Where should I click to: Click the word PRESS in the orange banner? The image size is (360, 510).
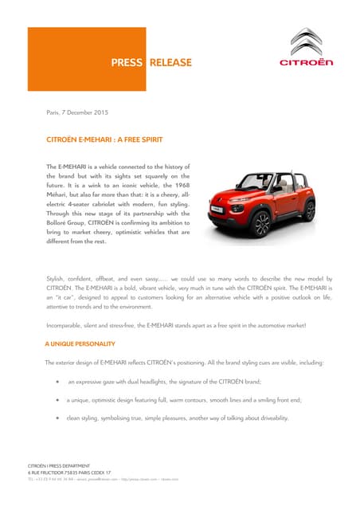127,63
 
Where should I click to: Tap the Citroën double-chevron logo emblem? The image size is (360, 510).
305,42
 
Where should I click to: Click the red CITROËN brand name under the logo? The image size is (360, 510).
305,62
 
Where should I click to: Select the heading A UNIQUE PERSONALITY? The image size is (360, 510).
80,343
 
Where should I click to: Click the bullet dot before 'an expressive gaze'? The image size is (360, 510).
57,381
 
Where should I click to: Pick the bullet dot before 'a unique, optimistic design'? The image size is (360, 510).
57,399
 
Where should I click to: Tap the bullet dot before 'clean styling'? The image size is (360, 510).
57,418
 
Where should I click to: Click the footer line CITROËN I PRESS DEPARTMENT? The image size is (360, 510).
59,465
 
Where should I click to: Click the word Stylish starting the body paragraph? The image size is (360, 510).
57,278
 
